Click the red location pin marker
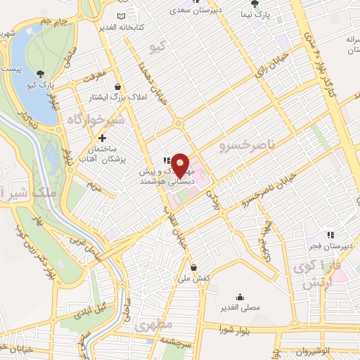tap(181, 165)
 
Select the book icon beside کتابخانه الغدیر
tap(122, 15)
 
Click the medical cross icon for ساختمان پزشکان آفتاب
tap(103, 139)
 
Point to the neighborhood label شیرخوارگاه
tap(96, 121)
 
